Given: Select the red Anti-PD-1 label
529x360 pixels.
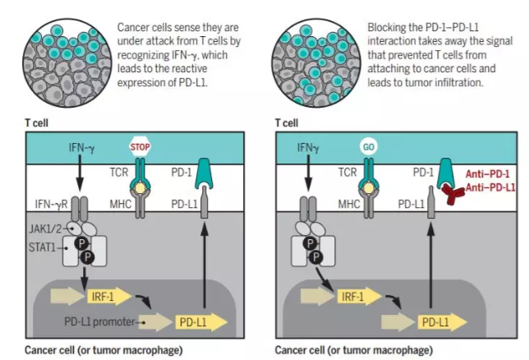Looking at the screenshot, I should point(487,174).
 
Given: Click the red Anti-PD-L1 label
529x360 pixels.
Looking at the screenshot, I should point(491,187).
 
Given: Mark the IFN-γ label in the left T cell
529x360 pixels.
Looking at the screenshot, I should point(81,149).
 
